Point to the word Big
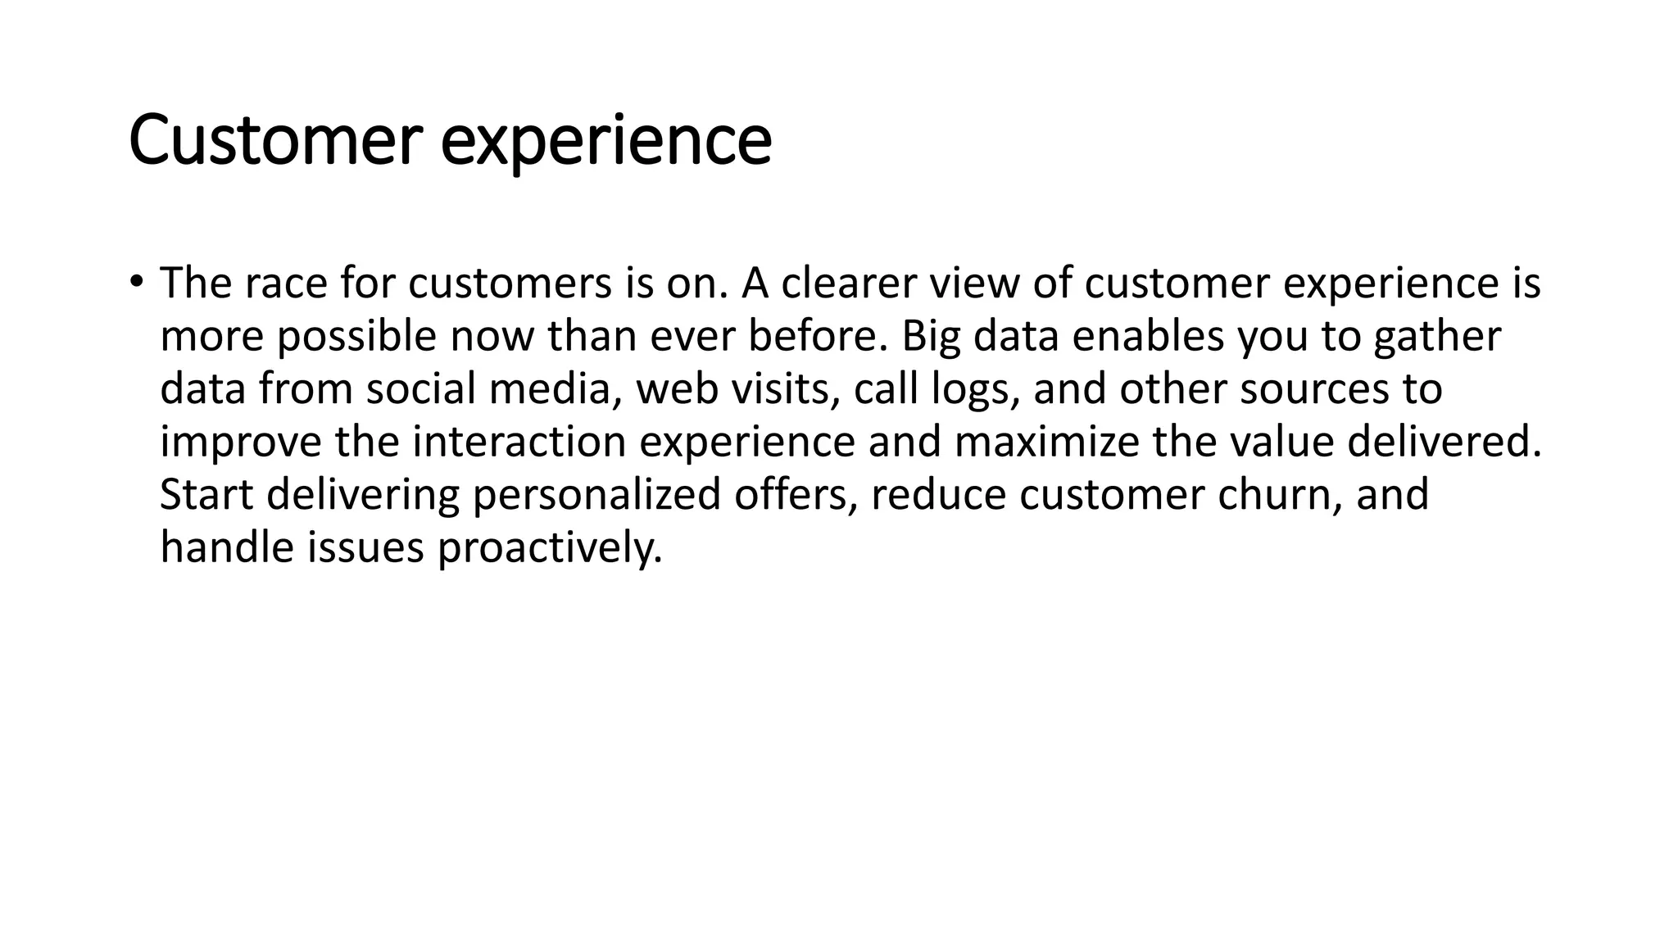pyautogui.click(x=931, y=337)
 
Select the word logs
pyautogui.click(x=975, y=391)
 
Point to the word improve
pyautogui.click(x=241, y=442)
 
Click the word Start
pyautogui.click(x=206, y=495)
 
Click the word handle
pyautogui.click(x=227, y=547)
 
